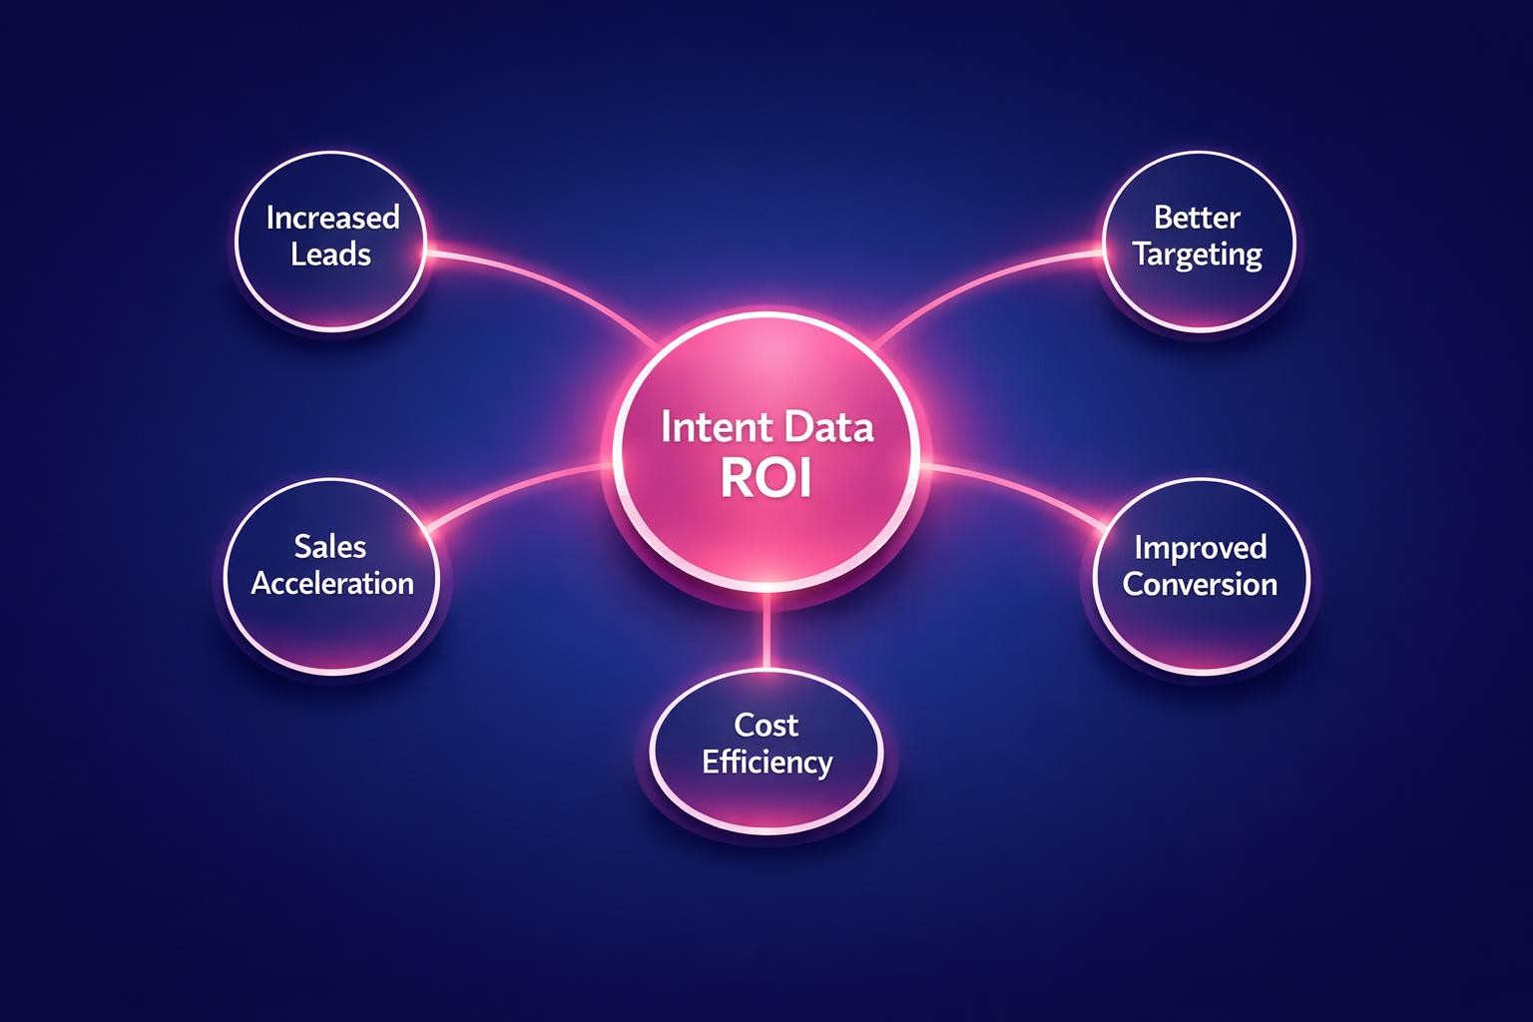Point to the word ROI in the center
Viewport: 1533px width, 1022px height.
click(766, 480)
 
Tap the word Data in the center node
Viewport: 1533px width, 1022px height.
click(828, 428)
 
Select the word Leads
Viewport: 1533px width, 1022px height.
click(331, 255)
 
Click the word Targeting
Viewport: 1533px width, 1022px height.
click(1198, 255)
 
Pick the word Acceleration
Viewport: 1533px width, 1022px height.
click(332, 583)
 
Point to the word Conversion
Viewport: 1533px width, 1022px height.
click(1200, 584)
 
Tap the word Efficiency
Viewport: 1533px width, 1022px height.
click(766, 763)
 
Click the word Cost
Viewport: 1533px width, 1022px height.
click(766, 725)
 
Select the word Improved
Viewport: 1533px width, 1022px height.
click(1200, 548)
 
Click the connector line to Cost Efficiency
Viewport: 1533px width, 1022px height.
click(766, 631)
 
